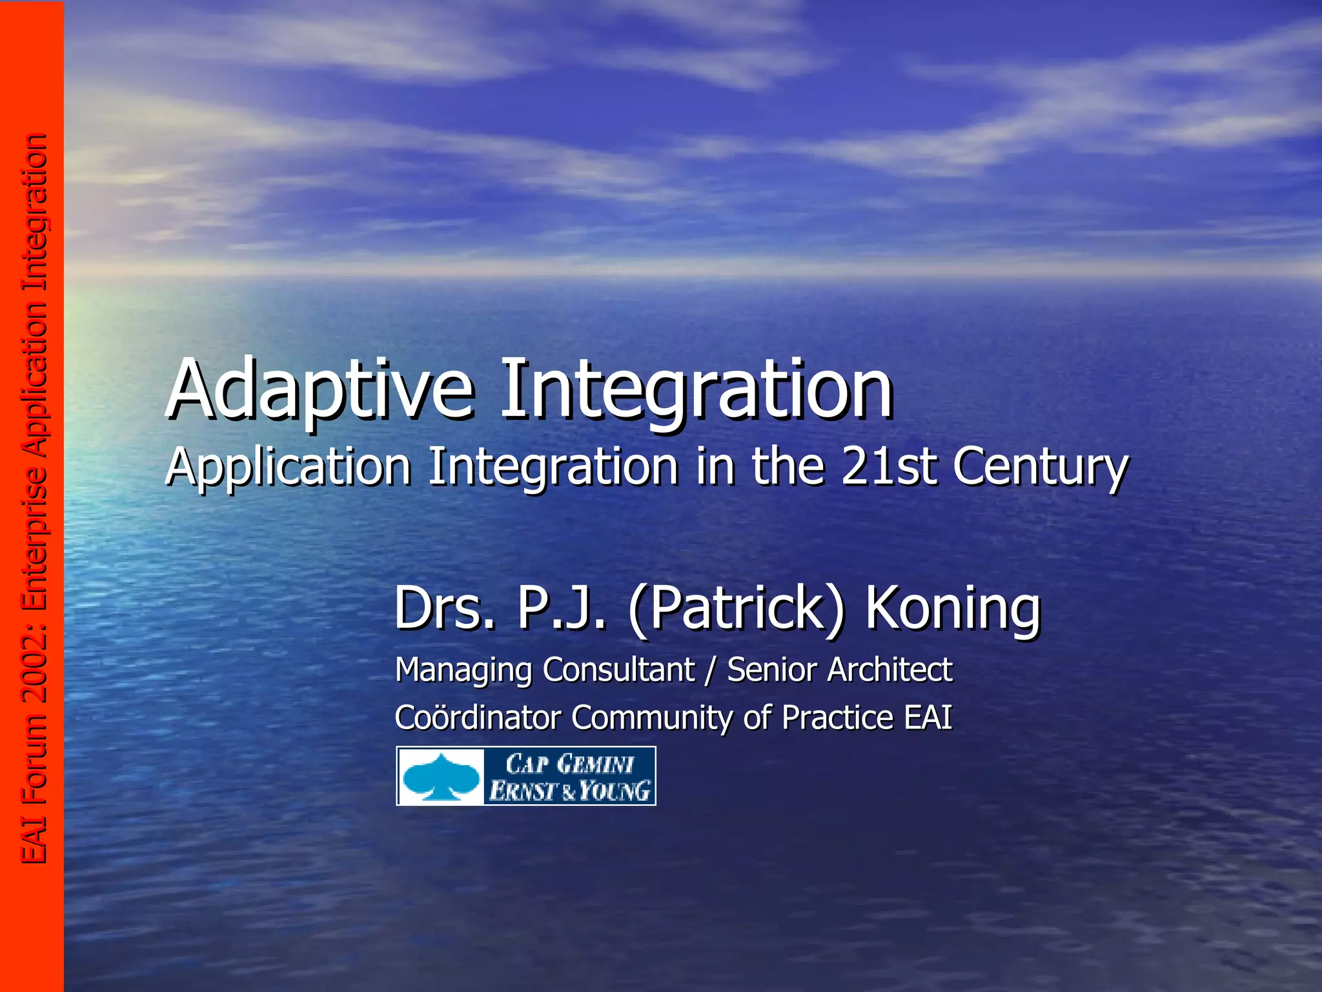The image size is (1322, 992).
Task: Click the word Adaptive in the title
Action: click(x=320, y=389)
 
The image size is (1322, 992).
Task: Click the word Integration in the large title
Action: click(x=697, y=389)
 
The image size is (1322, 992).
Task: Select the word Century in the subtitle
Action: click(x=1041, y=466)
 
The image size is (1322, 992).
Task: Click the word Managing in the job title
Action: click(x=463, y=670)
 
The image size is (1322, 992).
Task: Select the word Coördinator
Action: click(x=477, y=718)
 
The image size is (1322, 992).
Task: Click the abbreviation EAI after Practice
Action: click(x=928, y=718)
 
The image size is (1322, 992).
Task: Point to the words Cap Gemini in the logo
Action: click(x=569, y=764)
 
